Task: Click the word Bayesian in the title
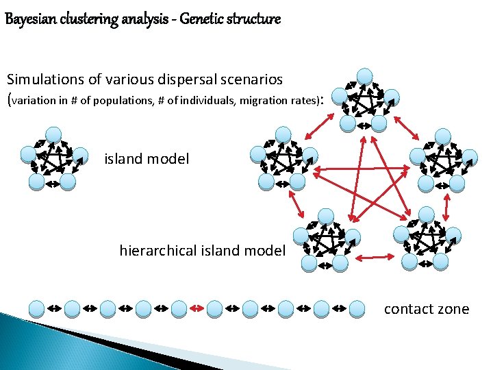point(26,19)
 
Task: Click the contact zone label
point(426,309)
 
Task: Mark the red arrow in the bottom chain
point(196,309)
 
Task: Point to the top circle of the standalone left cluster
point(53,134)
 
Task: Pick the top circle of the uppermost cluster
point(366,76)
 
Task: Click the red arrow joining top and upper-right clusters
point(410,127)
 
